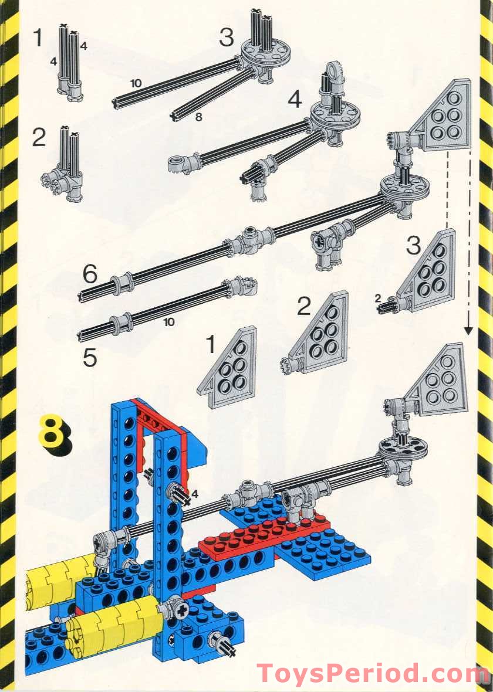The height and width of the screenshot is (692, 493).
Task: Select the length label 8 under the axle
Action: (x=198, y=117)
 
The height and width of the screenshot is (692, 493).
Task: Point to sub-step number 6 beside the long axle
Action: (x=89, y=273)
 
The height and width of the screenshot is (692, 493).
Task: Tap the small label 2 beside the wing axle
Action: (x=377, y=298)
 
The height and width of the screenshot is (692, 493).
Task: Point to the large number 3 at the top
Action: (x=226, y=38)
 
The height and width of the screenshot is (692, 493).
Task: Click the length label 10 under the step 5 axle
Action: (x=169, y=322)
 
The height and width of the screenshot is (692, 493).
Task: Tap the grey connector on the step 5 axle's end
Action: (x=242, y=286)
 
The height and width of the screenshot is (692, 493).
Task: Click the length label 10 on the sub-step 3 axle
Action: (x=136, y=84)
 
